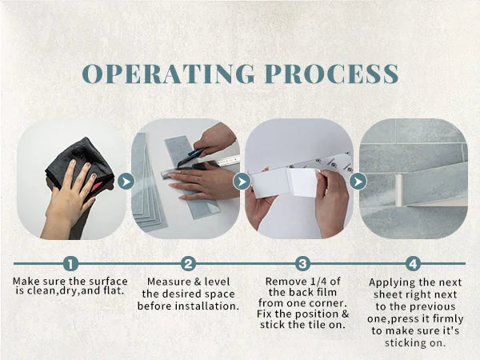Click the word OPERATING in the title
168,74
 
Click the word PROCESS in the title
331,74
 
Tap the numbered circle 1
70,263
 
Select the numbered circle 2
188,263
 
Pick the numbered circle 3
302,263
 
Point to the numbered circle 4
413,263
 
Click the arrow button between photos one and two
126,182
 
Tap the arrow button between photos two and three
242,182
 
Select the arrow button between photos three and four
358,182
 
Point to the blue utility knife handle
196,151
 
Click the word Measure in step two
164,282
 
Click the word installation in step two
211,306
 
